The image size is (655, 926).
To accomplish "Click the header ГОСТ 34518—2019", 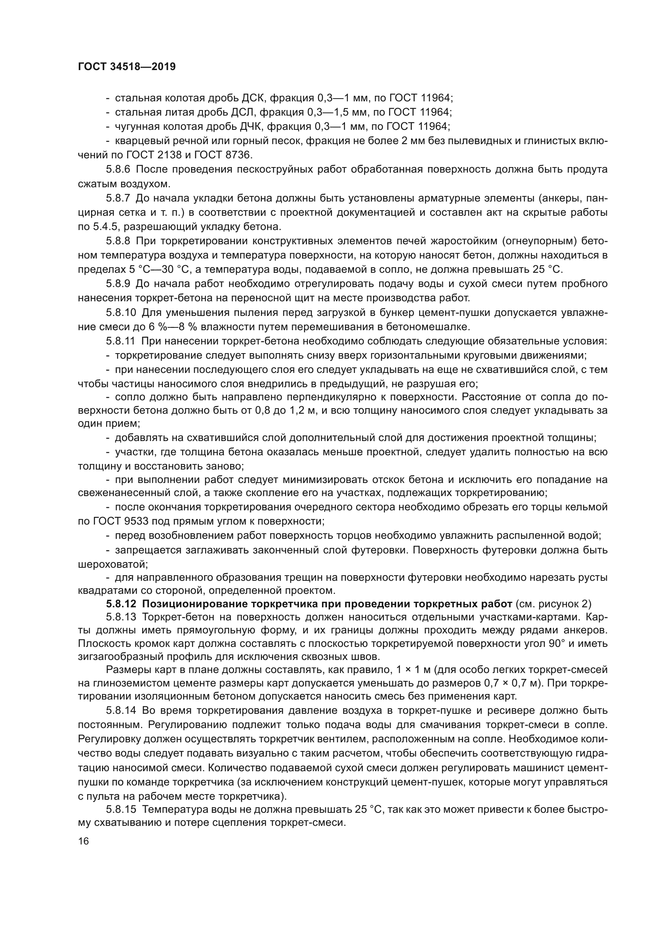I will click(127, 67).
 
